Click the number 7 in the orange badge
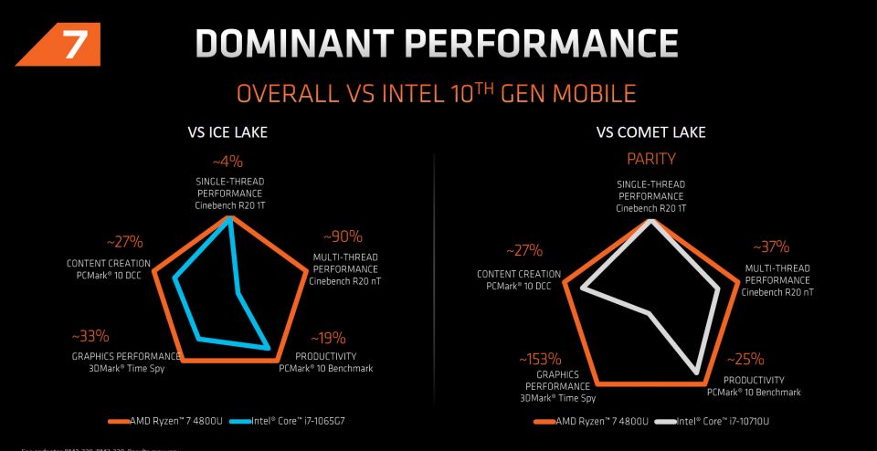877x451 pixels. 70,45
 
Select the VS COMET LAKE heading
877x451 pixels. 650,133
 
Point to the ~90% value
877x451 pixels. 343,236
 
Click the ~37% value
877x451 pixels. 770,247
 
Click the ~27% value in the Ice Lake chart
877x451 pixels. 124,242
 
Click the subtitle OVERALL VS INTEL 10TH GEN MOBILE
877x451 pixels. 437,94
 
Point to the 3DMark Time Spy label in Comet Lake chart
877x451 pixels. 558,398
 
